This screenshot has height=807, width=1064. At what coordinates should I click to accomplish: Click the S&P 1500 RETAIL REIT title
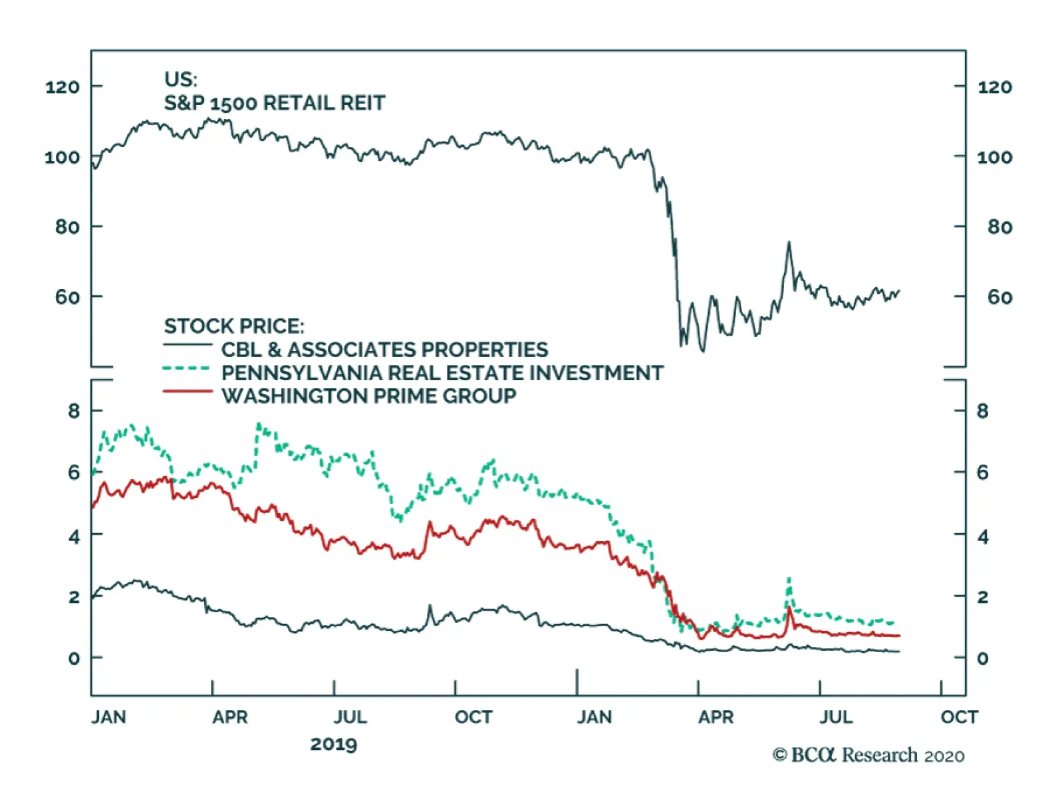tap(274, 103)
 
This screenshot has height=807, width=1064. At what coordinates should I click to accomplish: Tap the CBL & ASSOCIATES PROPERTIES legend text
tap(384, 350)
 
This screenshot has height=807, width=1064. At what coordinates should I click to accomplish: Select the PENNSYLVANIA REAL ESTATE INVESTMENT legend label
tap(442, 373)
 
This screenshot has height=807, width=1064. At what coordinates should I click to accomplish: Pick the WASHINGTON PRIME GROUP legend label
tap(368, 396)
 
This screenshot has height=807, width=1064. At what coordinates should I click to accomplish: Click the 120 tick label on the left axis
tap(62, 87)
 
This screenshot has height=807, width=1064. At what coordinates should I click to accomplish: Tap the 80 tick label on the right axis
tap(999, 227)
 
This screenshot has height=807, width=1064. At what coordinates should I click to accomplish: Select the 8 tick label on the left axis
tap(74, 411)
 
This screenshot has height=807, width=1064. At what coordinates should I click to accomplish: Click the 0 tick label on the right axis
tap(982, 658)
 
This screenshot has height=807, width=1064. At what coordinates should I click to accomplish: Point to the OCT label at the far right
tap(959, 717)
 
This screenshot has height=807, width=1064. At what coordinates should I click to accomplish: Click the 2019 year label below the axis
tap(333, 744)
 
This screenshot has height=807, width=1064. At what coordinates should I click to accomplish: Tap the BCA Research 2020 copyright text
tap(868, 755)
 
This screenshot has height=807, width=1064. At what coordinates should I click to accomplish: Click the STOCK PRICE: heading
tap(234, 326)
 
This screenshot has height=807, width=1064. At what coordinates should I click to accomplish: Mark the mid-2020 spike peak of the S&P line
tap(789, 243)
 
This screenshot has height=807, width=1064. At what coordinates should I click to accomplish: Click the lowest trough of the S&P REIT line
tap(703, 350)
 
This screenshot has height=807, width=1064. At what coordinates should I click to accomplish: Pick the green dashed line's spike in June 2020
tap(789, 579)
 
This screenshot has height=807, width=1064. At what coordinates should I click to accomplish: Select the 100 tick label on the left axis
tap(62, 158)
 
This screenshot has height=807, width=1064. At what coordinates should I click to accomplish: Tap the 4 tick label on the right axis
tap(982, 536)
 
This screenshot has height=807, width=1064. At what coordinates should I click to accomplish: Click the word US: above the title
tap(181, 80)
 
